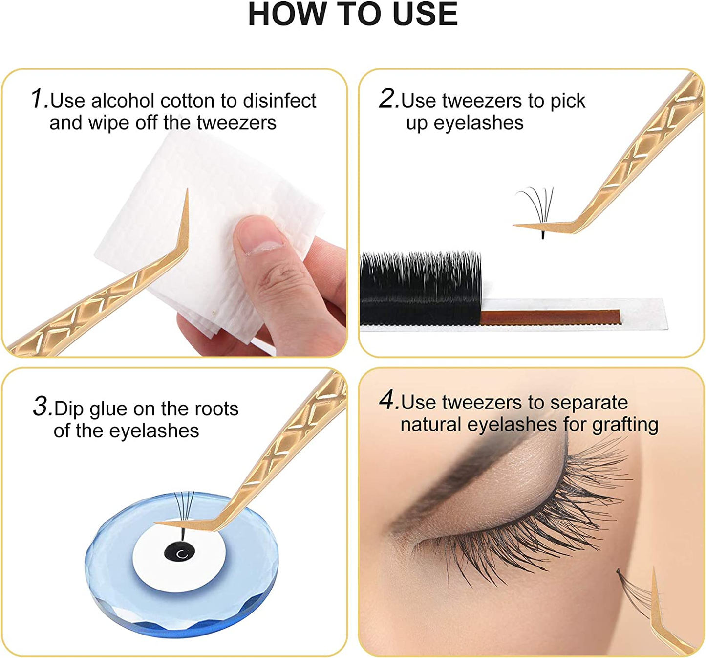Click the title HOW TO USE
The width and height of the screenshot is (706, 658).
[x=352, y=15]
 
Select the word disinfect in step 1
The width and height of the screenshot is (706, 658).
[x=279, y=101]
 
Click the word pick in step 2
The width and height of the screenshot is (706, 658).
[x=568, y=101]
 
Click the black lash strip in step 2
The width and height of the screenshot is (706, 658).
[x=420, y=289]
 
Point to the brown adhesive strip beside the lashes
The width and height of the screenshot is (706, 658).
[x=550, y=317]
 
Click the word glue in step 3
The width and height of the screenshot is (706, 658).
[x=109, y=409]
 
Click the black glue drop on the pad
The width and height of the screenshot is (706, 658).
[x=179, y=553]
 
